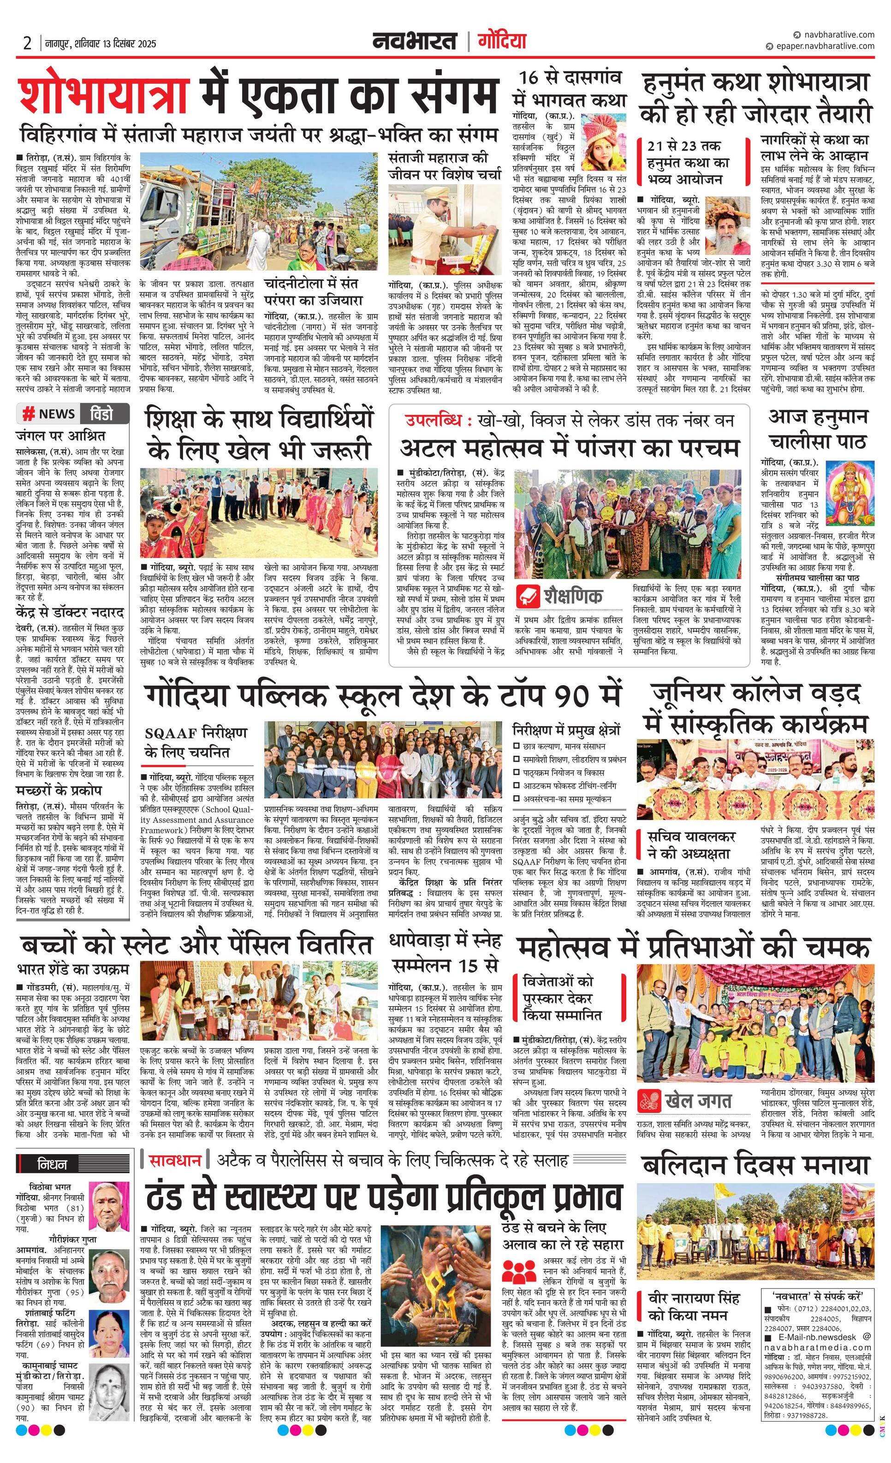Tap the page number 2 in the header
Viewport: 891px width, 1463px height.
[27, 43]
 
